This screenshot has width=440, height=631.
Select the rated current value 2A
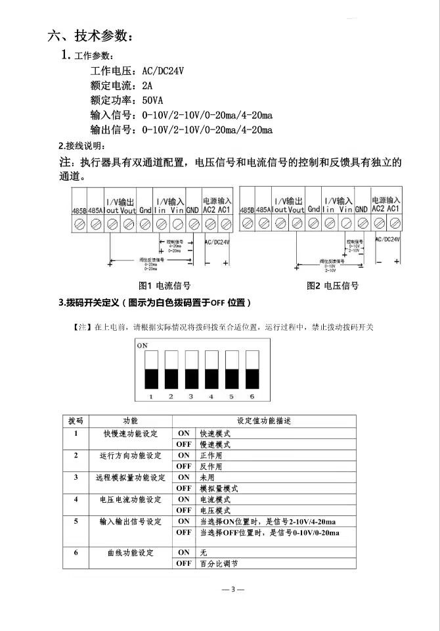(x=146, y=85)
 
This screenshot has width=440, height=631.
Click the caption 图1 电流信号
(x=165, y=286)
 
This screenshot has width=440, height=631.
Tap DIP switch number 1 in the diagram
(x=150, y=369)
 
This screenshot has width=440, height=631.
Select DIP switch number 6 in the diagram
(x=251, y=369)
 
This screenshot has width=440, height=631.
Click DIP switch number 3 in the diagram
(x=191, y=369)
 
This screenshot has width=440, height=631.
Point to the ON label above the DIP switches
(x=142, y=344)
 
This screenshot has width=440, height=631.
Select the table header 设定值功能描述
(x=263, y=421)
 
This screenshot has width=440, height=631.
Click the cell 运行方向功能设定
(x=130, y=456)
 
